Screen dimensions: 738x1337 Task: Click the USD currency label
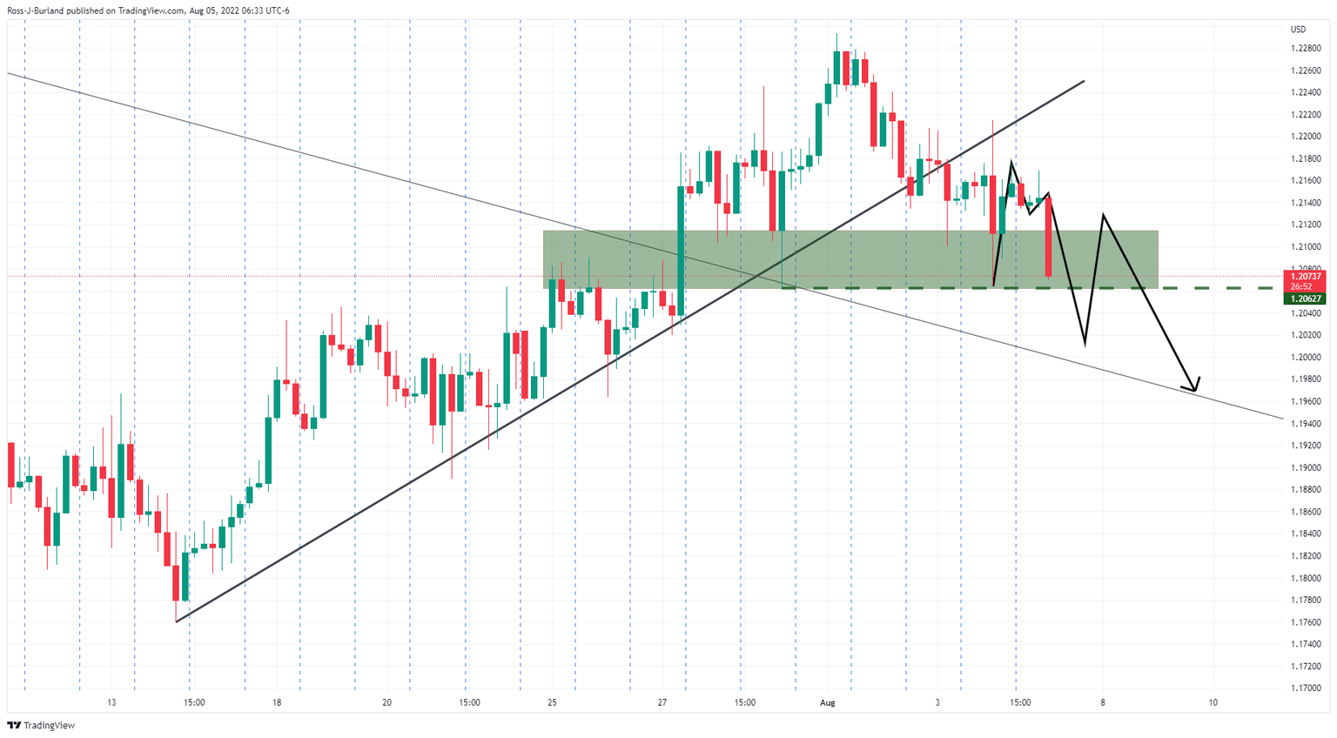point(1298,30)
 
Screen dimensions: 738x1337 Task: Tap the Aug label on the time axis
point(827,702)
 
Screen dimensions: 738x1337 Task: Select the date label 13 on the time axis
point(111,702)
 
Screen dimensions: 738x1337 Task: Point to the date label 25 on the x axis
point(552,702)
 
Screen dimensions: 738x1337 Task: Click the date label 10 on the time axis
point(1213,702)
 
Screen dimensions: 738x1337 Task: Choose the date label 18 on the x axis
point(277,702)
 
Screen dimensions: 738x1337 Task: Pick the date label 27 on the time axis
point(662,702)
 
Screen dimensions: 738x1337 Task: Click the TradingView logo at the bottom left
point(41,725)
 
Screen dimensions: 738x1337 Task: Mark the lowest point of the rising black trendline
point(177,621)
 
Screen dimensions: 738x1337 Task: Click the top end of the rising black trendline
point(1084,81)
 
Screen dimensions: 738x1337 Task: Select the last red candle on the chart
point(1049,237)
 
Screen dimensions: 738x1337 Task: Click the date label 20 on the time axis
point(386,702)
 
